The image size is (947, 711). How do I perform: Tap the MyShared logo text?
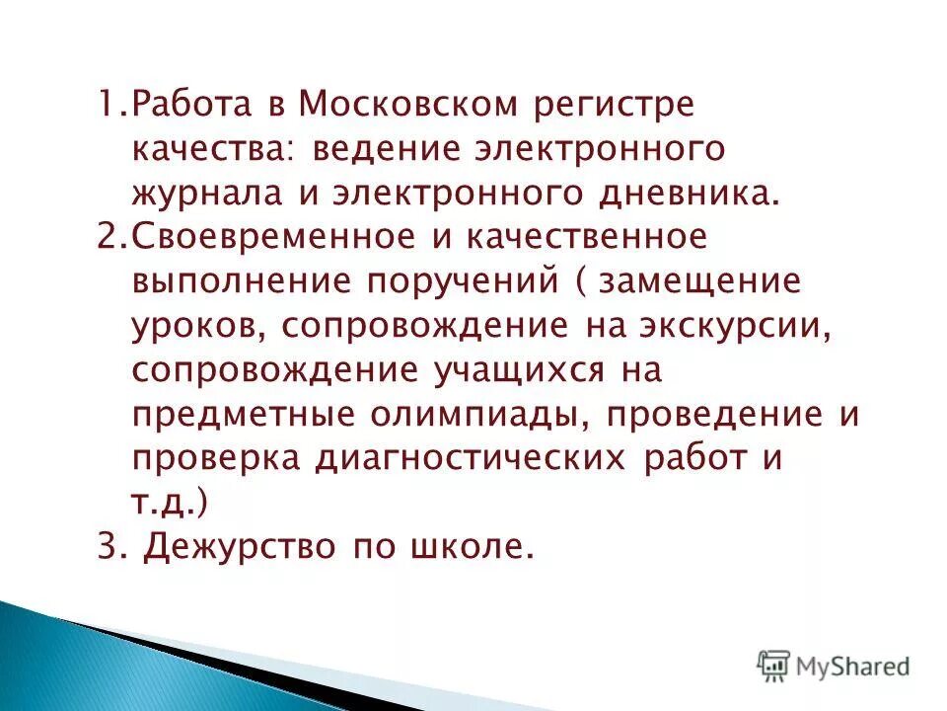coord(852,667)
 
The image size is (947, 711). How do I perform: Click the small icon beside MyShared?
coord(774,667)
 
